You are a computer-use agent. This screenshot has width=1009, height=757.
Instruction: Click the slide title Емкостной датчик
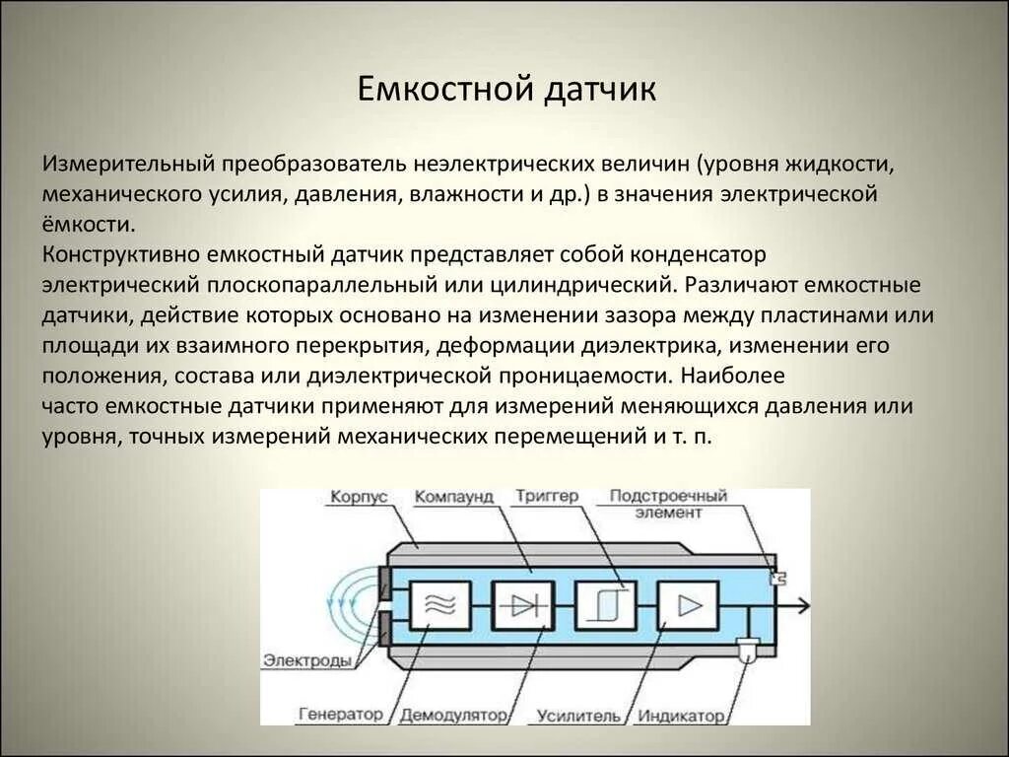pyautogui.click(x=505, y=91)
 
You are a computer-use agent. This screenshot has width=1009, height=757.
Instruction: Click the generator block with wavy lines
pyautogui.click(x=439, y=605)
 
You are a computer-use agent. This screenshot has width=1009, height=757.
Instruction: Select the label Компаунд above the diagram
pyautogui.click(x=453, y=498)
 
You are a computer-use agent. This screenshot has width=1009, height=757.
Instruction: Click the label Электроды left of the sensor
pyautogui.click(x=307, y=660)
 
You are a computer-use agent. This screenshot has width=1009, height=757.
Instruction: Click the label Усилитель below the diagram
pyautogui.click(x=579, y=715)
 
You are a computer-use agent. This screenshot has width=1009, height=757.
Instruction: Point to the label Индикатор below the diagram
pyautogui.click(x=680, y=715)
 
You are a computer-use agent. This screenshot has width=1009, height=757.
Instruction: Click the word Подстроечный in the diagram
pyautogui.click(x=668, y=496)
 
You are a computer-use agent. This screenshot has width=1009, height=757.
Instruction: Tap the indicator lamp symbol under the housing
pyautogui.click(x=748, y=649)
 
